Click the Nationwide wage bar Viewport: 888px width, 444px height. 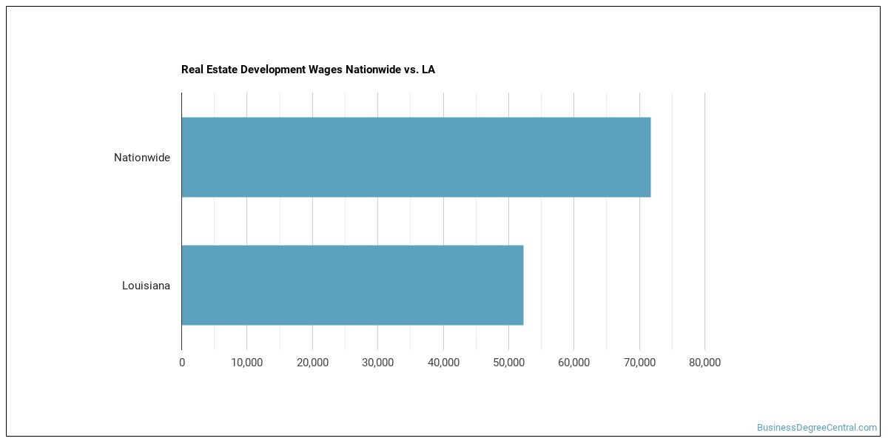pyautogui.click(x=416, y=157)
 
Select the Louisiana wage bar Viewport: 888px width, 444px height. pyautogui.click(x=352, y=285)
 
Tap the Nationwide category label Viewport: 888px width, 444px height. pyautogui.click(x=142, y=158)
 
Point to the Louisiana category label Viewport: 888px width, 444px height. pyautogui.click(x=146, y=286)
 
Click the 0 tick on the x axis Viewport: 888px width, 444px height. pyautogui.click(x=182, y=363)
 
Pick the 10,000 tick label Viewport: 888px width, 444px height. pyautogui.click(x=246, y=363)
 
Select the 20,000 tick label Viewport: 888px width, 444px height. pyautogui.click(x=312, y=363)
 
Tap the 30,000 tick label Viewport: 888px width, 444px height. pyautogui.click(x=378, y=363)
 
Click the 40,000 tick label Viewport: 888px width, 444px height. pyautogui.click(x=443, y=363)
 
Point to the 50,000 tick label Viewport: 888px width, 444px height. pyautogui.click(x=508, y=363)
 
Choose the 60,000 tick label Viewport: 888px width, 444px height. pyautogui.click(x=573, y=363)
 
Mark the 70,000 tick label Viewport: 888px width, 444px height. pyautogui.click(x=639, y=363)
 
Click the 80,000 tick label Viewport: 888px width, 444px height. pyautogui.click(x=704, y=363)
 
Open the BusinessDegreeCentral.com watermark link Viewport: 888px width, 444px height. pyautogui.click(x=817, y=428)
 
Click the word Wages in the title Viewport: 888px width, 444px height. pyautogui.click(x=326, y=70)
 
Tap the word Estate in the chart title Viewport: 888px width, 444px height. pyautogui.click(x=221, y=70)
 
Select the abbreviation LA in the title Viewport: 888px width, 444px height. pyautogui.click(x=428, y=70)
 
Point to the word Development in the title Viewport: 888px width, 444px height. pyautogui.click(x=273, y=70)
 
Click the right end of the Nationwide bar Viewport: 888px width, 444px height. pyautogui.click(x=650, y=157)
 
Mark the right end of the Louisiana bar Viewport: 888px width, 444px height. pyautogui.click(x=523, y=285)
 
